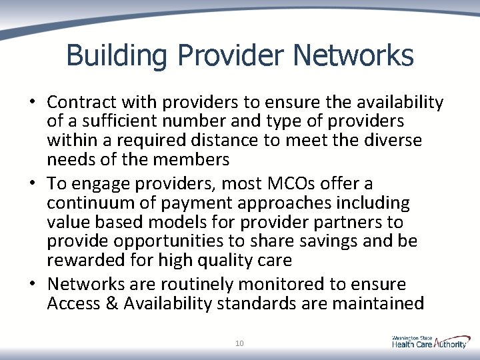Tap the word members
click(195, 160)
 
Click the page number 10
click(239, 343)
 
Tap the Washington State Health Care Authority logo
click(429, 341)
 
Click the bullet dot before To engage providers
click(32, 183)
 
